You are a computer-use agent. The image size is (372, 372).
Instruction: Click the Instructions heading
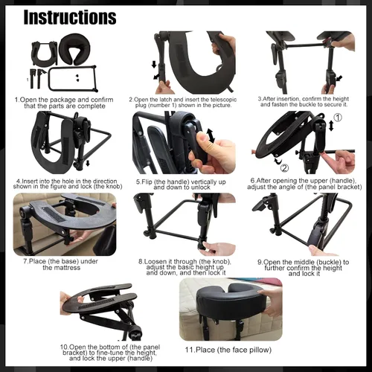point(70,17)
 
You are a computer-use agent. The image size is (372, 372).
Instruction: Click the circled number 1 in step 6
point(338,118)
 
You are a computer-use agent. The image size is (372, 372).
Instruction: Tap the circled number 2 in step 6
point(284,168)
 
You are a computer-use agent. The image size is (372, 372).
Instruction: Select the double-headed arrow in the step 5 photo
point(211,135)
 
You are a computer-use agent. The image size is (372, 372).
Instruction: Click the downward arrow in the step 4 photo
point(88,163)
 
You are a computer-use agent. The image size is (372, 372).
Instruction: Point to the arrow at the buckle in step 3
point(339,79)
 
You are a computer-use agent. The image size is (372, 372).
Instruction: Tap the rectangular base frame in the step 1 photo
point(73,79)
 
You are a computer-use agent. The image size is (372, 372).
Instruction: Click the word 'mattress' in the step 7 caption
point(62,268)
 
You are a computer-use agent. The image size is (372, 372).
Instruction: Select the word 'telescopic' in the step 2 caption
point(223,100)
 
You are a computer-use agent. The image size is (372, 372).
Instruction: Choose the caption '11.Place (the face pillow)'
point(228,350)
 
